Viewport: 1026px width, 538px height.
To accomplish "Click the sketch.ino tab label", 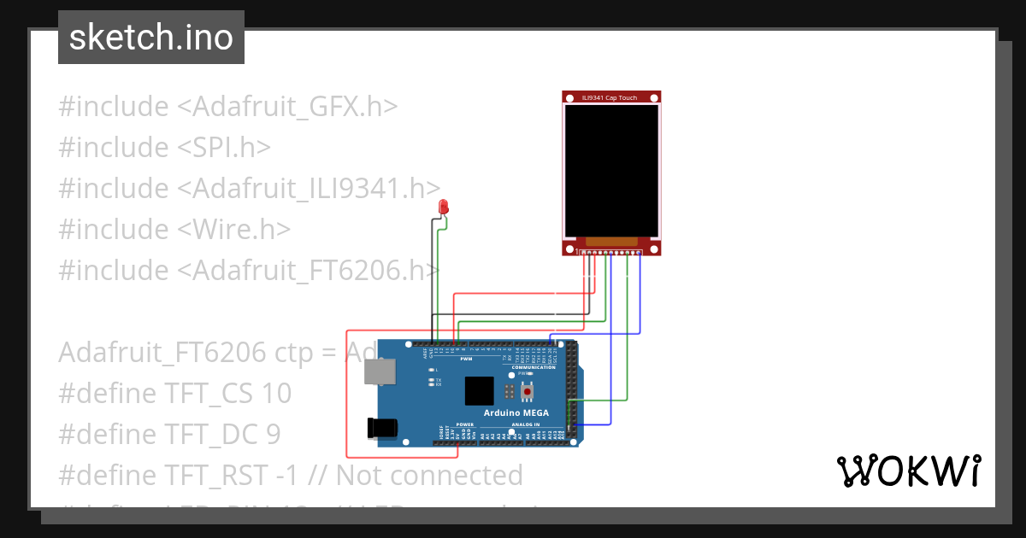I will [150, 38].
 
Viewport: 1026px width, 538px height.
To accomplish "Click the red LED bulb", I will [443, 206].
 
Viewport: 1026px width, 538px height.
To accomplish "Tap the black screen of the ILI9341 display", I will [611, 170].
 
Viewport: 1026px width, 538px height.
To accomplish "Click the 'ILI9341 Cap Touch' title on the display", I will [610, 97].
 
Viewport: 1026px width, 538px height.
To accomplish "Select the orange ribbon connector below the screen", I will [611, 242].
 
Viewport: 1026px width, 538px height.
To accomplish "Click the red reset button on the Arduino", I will [528, 392].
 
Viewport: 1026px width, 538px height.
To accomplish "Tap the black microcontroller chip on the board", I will [480, 391].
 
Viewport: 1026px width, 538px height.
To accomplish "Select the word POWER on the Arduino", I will [464, 424].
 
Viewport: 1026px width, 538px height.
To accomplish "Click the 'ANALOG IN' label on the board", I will [526, 424].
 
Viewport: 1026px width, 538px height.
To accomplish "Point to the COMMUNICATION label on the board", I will [534, 367].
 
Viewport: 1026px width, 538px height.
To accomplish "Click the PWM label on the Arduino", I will [466, 360].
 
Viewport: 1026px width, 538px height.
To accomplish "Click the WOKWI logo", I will [908, 471].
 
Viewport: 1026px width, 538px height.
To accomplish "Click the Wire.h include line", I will [174, 229].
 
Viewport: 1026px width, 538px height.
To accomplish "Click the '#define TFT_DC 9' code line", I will [169, 434].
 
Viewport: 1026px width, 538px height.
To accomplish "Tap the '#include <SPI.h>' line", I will [164, 147].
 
